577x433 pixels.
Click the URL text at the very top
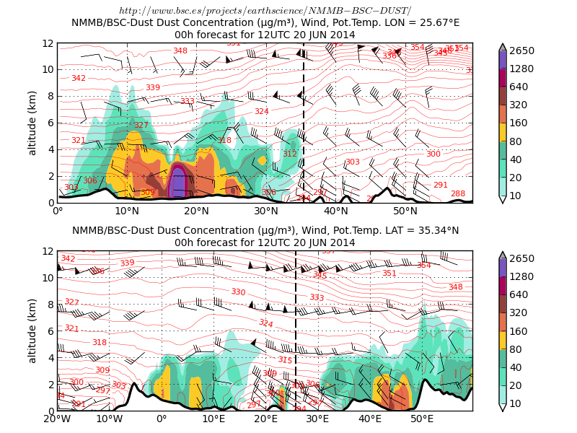pos(265,10)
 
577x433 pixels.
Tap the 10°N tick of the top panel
pos(127,211)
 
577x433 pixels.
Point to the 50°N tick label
pos(405,211)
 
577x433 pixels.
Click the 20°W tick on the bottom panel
pos(58,419)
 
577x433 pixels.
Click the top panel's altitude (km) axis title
pos(32,123)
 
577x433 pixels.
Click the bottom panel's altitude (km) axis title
pos(32,331)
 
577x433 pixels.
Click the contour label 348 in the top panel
pos(180,51)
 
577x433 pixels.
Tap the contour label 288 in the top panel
pos(458,193)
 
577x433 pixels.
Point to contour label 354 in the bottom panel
pos(424,266)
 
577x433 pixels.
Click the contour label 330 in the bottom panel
pos(238,292)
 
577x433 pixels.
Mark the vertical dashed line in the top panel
pos(304,123)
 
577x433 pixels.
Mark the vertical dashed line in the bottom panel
pos(296,331)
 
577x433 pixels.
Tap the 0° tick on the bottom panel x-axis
pos(162,419)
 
